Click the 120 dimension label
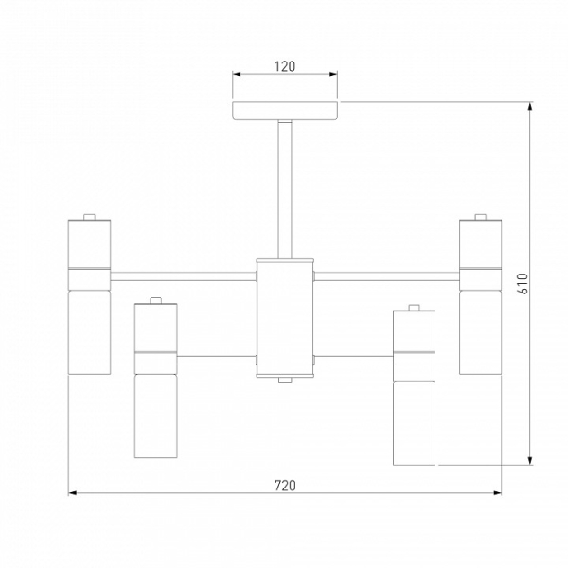click(285, 66)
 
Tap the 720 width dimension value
click(285, 486)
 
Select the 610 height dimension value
click(524, 283)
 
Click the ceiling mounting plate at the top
click(285, 111)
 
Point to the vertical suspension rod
click(285, 189)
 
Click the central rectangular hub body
click(285, 318)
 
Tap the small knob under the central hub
click(285, 380)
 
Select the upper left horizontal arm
click(184, 276)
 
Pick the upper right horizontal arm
click(387, 276)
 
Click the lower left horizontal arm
click(217, 360)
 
